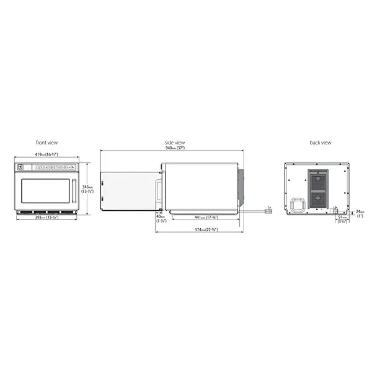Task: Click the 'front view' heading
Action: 47,143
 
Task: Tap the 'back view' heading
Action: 321,143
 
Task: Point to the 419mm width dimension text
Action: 46,154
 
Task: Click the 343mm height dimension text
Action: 87,188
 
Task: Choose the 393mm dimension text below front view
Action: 46,218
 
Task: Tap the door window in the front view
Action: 45,190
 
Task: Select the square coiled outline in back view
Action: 296,205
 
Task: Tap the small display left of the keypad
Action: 21,167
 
